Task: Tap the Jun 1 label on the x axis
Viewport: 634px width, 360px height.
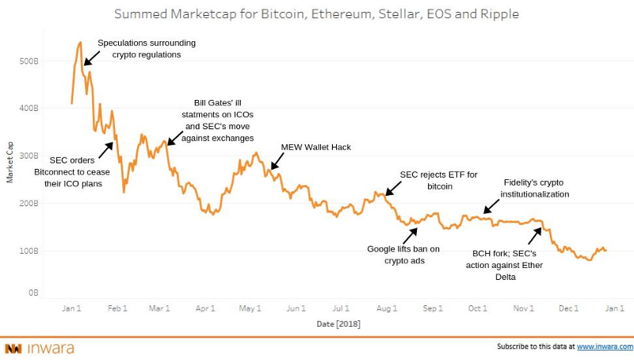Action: (296, 308)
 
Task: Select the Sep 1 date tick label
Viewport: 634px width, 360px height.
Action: (433, 308)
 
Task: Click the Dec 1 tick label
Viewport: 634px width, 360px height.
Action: (568, 308)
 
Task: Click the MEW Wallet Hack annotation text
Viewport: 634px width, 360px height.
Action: (315, 147)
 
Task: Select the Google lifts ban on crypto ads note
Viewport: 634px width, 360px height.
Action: (403, 254)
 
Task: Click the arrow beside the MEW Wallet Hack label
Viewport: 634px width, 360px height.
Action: (278, 161)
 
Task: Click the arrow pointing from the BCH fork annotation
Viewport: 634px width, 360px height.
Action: (535, 236)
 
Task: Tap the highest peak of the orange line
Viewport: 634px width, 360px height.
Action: (81, 43)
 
